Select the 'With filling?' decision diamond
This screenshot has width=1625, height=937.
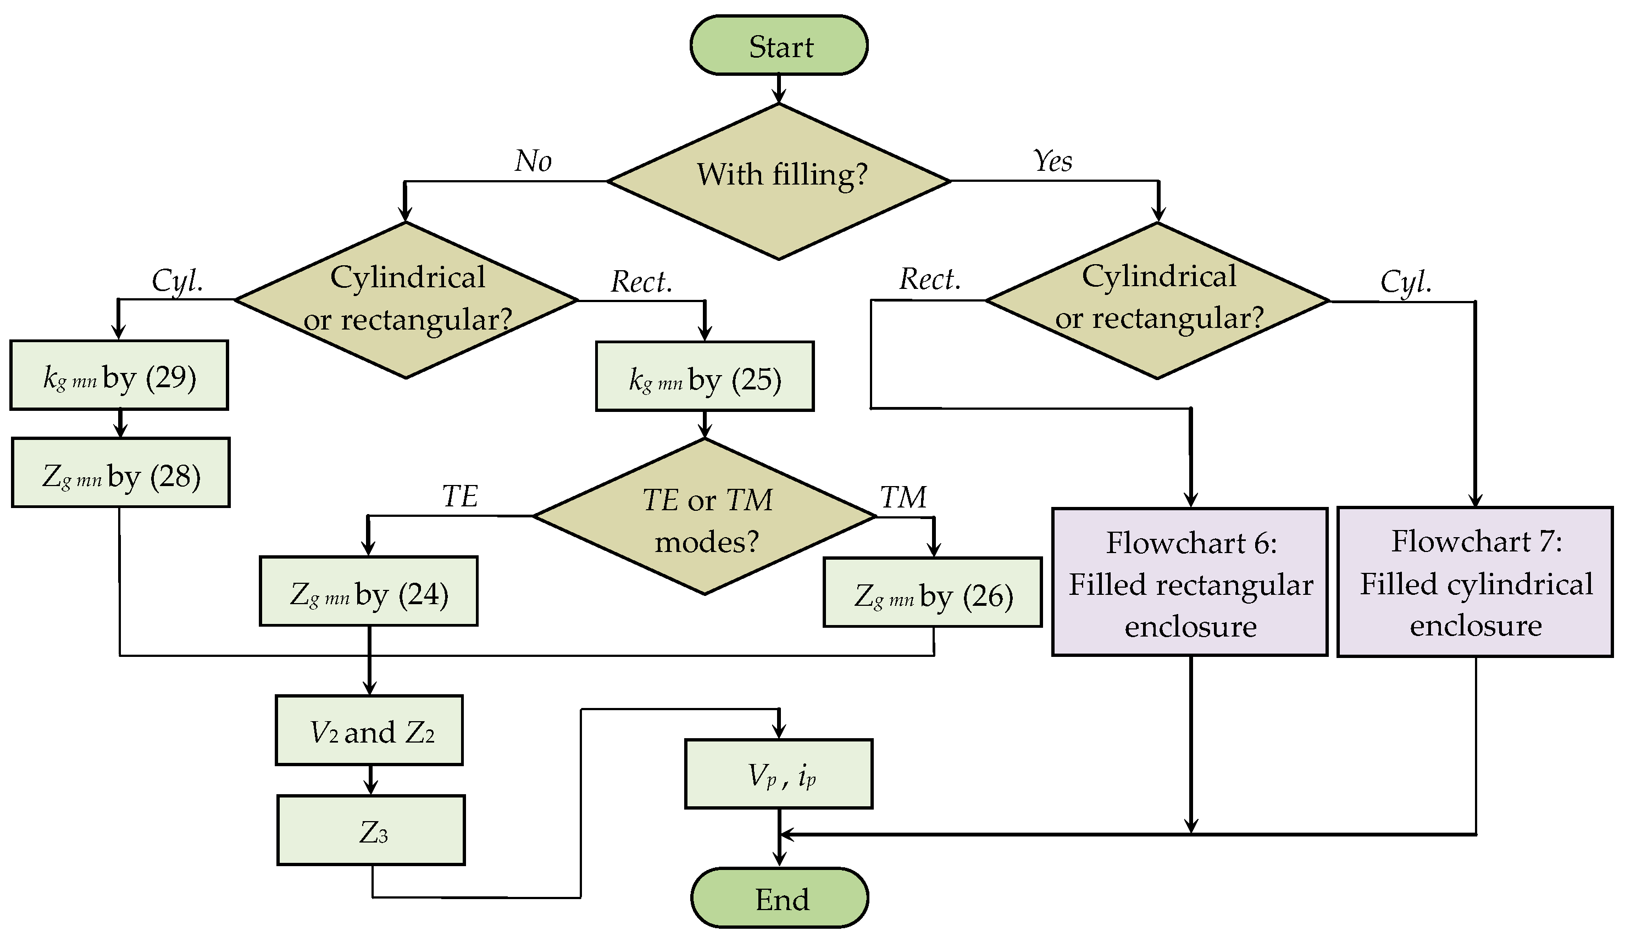(x=779, y=181)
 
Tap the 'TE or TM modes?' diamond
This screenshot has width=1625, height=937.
(x=705, y=516)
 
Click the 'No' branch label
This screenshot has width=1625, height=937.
(x=533, y=161)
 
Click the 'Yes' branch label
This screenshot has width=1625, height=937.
(x=1052, y=161)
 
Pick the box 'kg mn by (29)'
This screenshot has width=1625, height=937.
(x=119, y=375)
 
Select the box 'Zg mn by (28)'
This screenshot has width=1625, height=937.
(x=120, y=472)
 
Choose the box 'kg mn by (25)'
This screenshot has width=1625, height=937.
(x=705, y=376)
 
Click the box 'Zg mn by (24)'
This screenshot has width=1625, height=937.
(x=368, y=591)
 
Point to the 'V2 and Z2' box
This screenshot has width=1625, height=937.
(x=369, y=730)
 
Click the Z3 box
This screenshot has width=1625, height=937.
(x=371, y=830)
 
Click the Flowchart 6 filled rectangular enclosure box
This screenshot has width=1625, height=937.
(x=1190, y=582)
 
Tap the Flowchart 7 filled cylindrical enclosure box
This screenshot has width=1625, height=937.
(x=1475, y=582)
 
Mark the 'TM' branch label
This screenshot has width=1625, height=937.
(x=903, y=497)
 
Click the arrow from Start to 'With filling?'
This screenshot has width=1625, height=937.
(x=779, y=89)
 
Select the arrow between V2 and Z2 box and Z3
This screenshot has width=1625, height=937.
(x=370, y=780)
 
